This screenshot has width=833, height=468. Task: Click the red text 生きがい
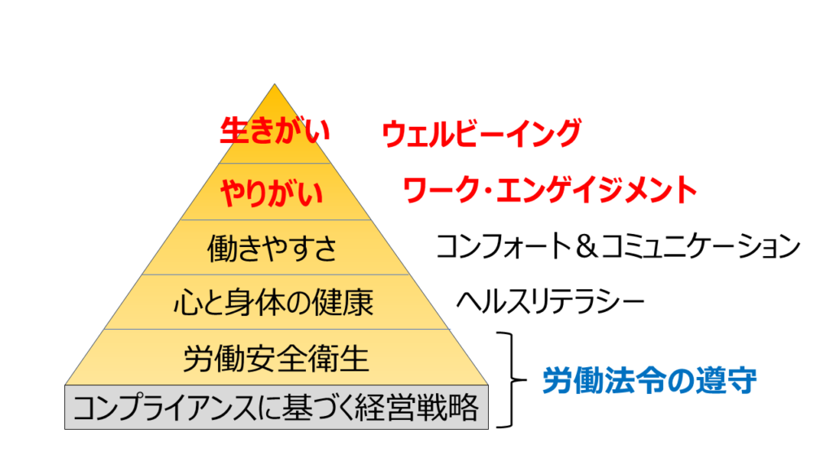(x=275, y=131)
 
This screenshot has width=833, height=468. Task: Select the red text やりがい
(x=272, y=192)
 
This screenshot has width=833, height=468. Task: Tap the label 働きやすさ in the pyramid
(x=272, y=249)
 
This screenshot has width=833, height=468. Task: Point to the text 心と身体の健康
(x=273, y=303)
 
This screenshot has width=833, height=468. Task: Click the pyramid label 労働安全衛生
(x=276, y=358)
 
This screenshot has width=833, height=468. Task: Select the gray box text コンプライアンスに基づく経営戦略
(x=277, y=408)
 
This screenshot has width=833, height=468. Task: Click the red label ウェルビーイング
(x=482, y=133)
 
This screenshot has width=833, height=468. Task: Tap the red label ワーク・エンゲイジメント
(x=550, y=190)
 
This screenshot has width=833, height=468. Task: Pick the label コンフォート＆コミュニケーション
(x=618, y=246)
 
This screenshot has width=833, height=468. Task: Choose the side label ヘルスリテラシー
(x=551, y=301)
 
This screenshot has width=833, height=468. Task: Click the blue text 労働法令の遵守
(x=650, y=380)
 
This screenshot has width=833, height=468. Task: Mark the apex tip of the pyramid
(x=275, y=84)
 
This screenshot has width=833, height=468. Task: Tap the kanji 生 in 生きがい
(x=233, y=131)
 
